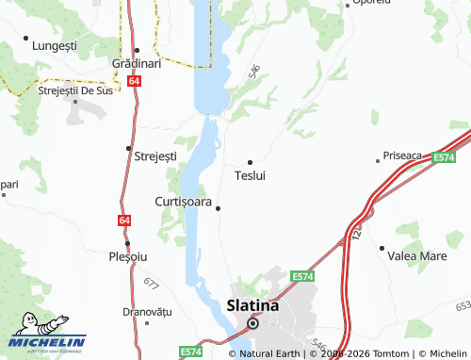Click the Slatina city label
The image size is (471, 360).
click(252, 306)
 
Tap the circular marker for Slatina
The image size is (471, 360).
click(252, 323)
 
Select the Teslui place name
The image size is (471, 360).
click(250, 176)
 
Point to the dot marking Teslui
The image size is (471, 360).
click(250, 161)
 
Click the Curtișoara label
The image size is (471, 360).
click(182, 202)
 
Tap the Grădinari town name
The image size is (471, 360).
click(137, 63)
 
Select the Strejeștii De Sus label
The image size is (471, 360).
click(75, 90)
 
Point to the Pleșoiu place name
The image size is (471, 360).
click(128, 256)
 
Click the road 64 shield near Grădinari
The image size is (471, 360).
click(136, 82)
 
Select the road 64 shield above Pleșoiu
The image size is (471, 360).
click(124, 221)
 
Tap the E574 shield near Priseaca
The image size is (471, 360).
click(445, 158)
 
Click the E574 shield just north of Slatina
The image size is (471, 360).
click(301, 276)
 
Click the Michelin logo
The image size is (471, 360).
click(47, 335)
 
